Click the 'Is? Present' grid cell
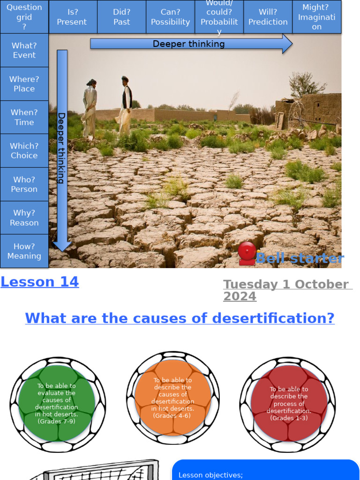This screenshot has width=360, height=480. click(x=73, y=17)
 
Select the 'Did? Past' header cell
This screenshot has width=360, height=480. click(x=121, y=17)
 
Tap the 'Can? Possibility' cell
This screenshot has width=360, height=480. click(x=170, y=17)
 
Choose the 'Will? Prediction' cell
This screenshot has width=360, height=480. click(x=268, y=17)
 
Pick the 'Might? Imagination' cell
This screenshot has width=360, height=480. click(x=316, y=17)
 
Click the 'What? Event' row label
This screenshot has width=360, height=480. click(x=24, y=50)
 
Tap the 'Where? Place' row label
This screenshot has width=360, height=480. click(x=24, y=83)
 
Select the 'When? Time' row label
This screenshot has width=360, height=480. click(x=24, y=117)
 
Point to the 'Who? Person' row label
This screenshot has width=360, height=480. click(x=24, y=184)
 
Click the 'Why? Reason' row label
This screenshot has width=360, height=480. click(x=24, y=217)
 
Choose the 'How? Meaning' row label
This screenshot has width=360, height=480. click(x=24, y=251)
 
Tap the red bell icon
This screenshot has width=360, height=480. click(x=247, y=253)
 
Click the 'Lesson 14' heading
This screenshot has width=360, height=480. click(x=40, y=282)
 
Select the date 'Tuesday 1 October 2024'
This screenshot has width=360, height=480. click(x=287, y=290)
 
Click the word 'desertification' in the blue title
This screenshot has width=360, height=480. click(x=273, y=318)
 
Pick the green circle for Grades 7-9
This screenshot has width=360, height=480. click(x=57, y=404)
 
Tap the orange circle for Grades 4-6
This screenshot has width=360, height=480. click(x=172, y=397)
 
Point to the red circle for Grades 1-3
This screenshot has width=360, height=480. click(x=288, y=404)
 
